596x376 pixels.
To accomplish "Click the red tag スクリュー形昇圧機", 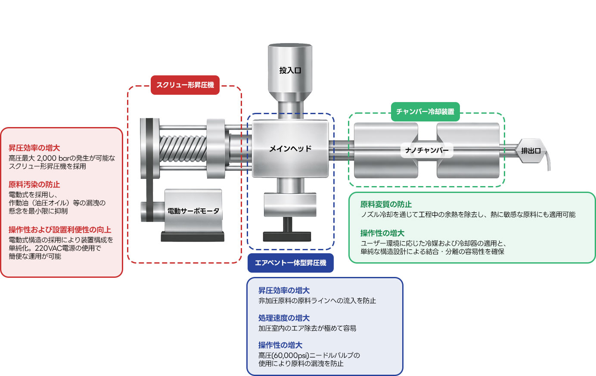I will click(x=185, y=85).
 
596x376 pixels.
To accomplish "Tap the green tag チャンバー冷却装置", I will click(x=425, y=112).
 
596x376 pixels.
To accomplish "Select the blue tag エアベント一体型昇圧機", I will click(x=291, y=263).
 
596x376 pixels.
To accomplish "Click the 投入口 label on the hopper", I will click(x=290, y=70).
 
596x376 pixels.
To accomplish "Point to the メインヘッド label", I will click(x=290, y=149).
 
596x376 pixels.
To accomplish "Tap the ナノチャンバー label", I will click(x=427, y=150).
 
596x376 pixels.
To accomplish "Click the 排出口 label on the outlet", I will click(x=531, y=151).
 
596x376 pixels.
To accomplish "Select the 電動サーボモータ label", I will click(x=193, y=211).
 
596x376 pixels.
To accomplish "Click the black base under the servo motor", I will click(x=192, y=236).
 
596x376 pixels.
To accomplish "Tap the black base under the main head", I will click(x=287, y=236).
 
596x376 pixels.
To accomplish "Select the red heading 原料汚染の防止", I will click(x=34, y=184).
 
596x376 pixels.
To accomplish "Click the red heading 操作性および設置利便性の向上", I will click(x=60, y=230).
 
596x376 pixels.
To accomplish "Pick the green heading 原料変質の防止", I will click(x=386, y=204).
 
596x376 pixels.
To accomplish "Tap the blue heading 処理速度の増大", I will click(x=284, y=318).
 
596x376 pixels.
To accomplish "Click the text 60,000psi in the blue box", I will click(x=289, y=355).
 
